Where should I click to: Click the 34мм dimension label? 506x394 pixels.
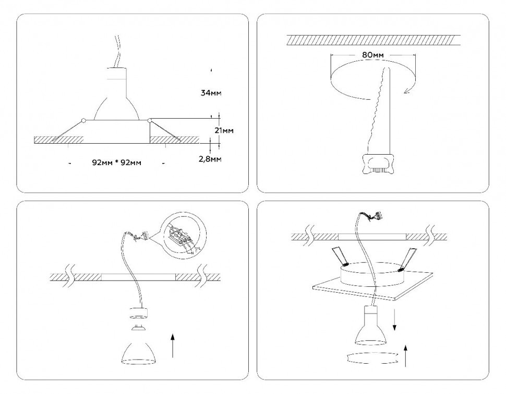click(211, 94)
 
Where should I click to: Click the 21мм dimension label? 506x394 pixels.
click(223, 130)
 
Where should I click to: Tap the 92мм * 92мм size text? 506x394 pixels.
click(116, 163)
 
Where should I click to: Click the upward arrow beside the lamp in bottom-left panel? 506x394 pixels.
click(173, 347)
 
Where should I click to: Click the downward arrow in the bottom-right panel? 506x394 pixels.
click(394, 319)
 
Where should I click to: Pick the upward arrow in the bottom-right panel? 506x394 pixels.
click(405, 355)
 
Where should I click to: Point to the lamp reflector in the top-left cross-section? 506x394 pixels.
click(116, 102)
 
